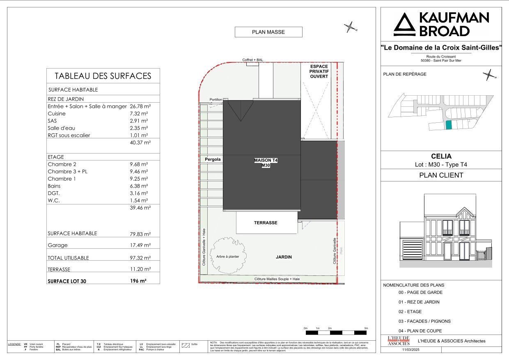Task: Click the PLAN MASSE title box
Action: (268, 32)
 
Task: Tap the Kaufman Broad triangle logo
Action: (404, 25)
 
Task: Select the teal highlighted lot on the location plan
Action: (449, 125)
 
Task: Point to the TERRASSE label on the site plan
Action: (266, 223)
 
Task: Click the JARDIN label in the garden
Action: (284, 257)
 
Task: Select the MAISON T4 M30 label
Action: (266, 163)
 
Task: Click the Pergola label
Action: (212, 159)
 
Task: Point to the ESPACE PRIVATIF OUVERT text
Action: (319, 71)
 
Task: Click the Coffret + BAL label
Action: (252, 60)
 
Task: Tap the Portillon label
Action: (216, 100)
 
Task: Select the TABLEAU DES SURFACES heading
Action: (103, 76)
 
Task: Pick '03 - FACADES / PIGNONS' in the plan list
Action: (424, 321)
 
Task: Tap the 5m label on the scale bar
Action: (366, 328)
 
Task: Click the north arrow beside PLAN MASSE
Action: (350, 28)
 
